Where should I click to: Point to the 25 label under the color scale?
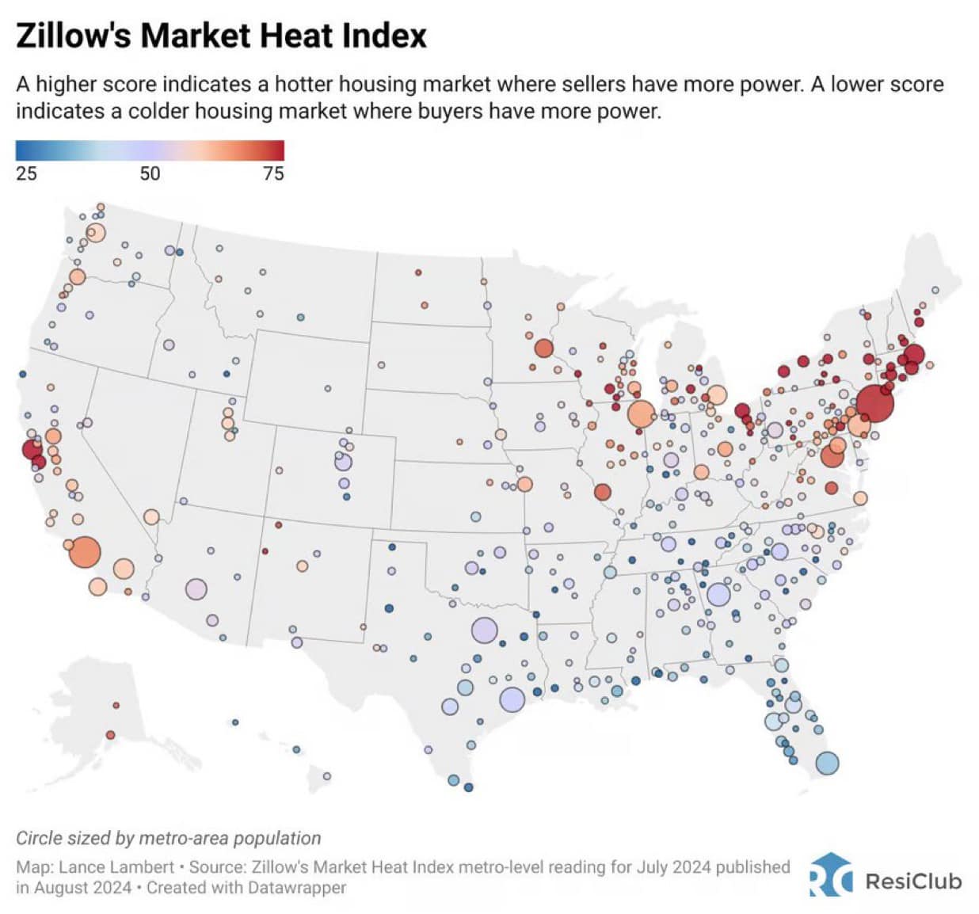[x=26, y=173]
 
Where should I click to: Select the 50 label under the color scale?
[x=150, y=173]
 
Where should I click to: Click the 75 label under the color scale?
[x=273, y=173]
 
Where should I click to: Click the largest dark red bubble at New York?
[x=874, y=403]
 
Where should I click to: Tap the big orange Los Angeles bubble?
[x=85, y=552]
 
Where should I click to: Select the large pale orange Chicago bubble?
[x=641, y=413]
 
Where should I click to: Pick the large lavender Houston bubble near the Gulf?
[x=512, y=699]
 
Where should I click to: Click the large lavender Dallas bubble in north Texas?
[x=484, y=630]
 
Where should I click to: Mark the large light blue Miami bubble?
[x=826, y=763]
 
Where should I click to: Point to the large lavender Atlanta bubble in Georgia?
[x=718, y=594]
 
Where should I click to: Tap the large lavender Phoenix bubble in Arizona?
[x=196, y=589]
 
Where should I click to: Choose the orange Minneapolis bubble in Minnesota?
[x=543, y=348]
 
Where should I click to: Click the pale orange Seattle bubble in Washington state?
[x=96, y=233]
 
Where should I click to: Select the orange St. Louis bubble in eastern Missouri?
[x=602, y=492]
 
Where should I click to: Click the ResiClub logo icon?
[x=830, y=875]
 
